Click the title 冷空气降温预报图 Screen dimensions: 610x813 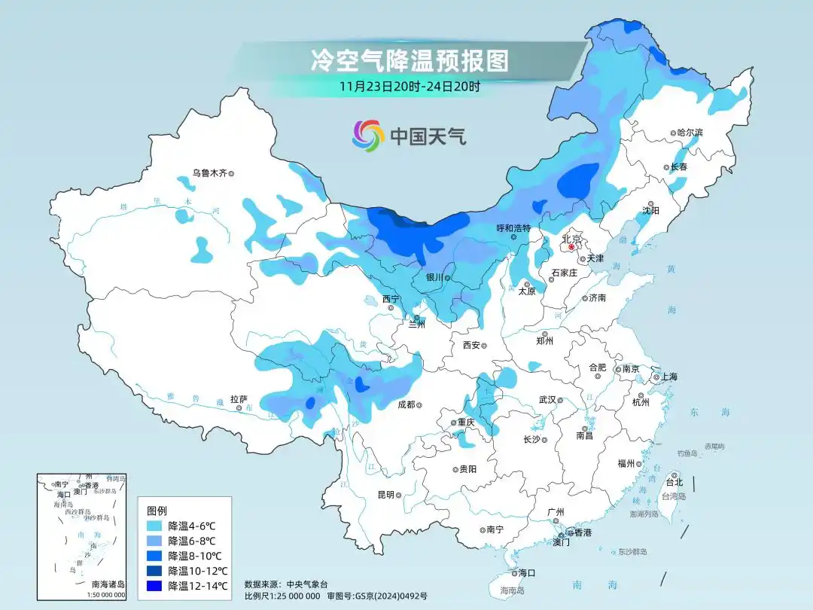pyautogui.click(x=410, y=59)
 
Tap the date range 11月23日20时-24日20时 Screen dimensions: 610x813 pyautogui.click(x=410, y=86)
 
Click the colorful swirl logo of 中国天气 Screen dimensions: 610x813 pyautogui.click(x=368, y=136)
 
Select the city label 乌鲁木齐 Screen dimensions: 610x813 pyautogui.click(x=209, y=173)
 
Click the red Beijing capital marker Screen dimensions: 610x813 pyautogui.click(x=571, y=246)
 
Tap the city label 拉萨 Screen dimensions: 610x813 pyautogui.click(x=239, y=399)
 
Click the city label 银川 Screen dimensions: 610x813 pyautogui.click(x=434, y=277)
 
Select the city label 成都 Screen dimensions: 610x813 pyautogui.click(x=406, y=404)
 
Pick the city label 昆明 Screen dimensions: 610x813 pyautogui.click(x=385, y=495)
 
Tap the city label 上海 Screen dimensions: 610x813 pyautogui.click(x=670, y=377)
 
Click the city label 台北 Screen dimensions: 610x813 pyautogui.click(x=674, y=482)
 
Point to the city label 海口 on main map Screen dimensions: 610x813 pyautogui.click(x=526, y=573)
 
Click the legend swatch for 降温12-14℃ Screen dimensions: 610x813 pyautogui.click(x=155, y=586)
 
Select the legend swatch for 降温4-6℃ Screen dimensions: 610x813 pyautogui.click(x=155, y=526)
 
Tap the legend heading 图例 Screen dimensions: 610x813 pyautogui.click(x=157, y=510)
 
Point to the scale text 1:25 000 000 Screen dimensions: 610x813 pyautogui.click(x=294, y=596)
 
